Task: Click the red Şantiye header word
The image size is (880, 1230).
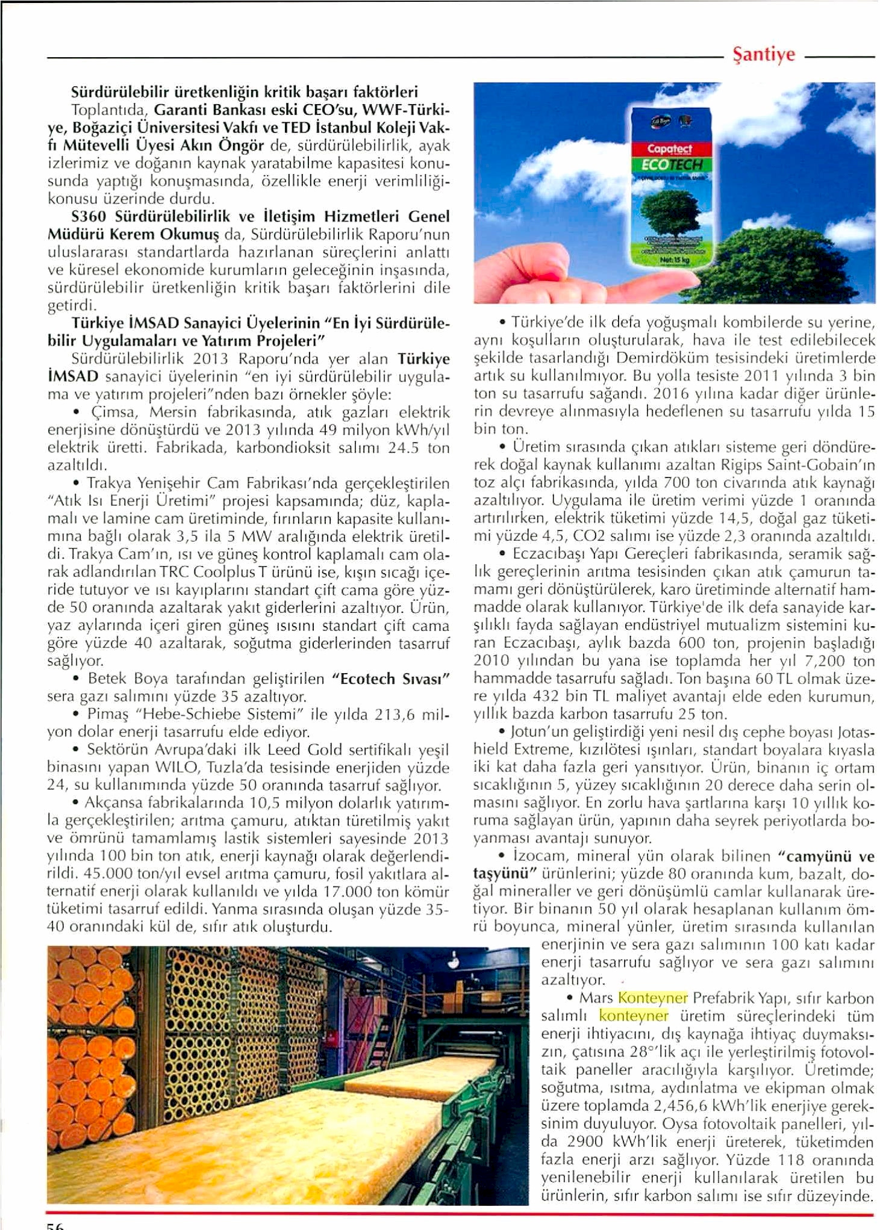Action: point(763,55)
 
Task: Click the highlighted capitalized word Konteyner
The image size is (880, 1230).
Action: point(652,998)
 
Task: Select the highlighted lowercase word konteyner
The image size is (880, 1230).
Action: point(634,1016)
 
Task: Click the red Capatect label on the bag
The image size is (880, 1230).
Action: point(669,148)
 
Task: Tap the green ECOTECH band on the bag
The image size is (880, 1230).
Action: point(670,164)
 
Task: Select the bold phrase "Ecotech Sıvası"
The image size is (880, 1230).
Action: point(390,679)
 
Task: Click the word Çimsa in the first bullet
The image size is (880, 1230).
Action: point(114,412)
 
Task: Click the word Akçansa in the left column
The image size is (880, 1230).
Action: point(114,803)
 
